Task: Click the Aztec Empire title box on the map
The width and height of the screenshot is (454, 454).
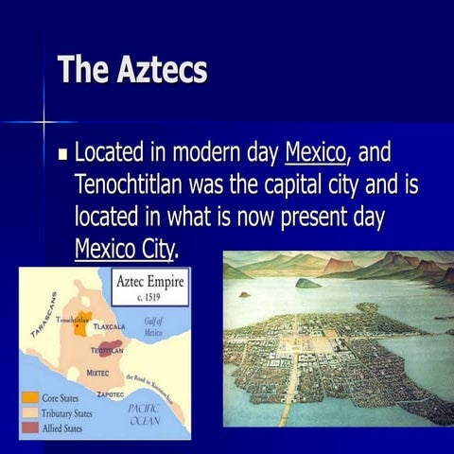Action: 150,286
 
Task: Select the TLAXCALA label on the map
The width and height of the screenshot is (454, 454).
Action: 117,325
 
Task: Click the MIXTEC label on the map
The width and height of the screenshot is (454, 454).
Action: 98,373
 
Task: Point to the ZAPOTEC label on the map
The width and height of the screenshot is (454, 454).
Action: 111,392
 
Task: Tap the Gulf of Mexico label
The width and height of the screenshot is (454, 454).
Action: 153,327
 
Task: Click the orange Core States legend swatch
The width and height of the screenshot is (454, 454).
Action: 31,398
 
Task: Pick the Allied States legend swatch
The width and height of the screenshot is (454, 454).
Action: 31,428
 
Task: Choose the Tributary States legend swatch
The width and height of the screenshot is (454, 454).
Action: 31,413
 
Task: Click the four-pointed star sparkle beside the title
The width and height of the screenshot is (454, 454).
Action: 43,121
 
